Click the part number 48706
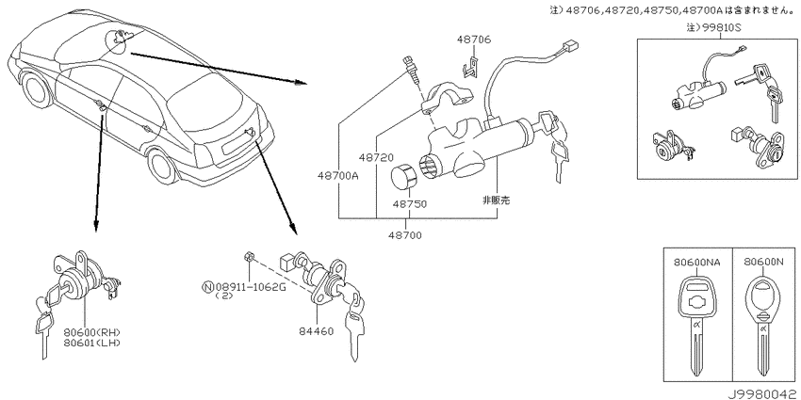point(474,40)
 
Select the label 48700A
point(338,177)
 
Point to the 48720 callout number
point(375,158)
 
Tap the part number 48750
point(409,204)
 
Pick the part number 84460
point(317,331)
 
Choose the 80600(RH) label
point(92,332)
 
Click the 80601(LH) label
point(92,343)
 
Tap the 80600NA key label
point(697,263)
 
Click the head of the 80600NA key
point(696,296)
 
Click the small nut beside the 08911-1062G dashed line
point(250,256)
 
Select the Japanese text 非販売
point(497,200)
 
